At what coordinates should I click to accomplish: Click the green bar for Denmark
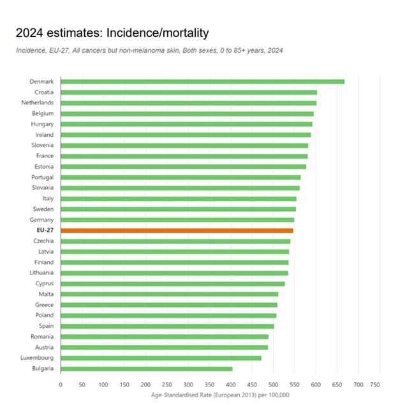pyautogui.click(x=202, y=82)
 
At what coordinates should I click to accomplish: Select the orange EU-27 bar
pyautogui.click(x=177, y=230)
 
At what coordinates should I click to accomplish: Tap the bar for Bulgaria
pyautogui.click(x=146, y=368)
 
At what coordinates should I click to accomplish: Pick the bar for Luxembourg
pyautogui.click(x=161, y=358)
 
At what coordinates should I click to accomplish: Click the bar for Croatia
pyautogui.click(x=189, y=92)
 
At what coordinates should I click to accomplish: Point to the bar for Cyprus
pyautogui.click(x=172, y=283)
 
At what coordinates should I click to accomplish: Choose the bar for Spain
pyautogui.click(x=167, y=326)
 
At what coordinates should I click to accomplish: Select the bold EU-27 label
pyautogui.click(x=43, y=230)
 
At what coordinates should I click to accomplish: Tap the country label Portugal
pyautogui.click(x=42, y=177)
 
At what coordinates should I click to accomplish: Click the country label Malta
pyautogui.click(x=45, y=294)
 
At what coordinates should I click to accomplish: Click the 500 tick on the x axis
pyautogui.click(x=273, y=385)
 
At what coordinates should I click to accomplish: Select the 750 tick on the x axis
pyautogui.click(x=380, y=385)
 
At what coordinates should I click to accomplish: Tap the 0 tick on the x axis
pyautogui.click(x=61, y=385)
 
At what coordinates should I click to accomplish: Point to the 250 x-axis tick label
pyautogui.click(x=167, y=385)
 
